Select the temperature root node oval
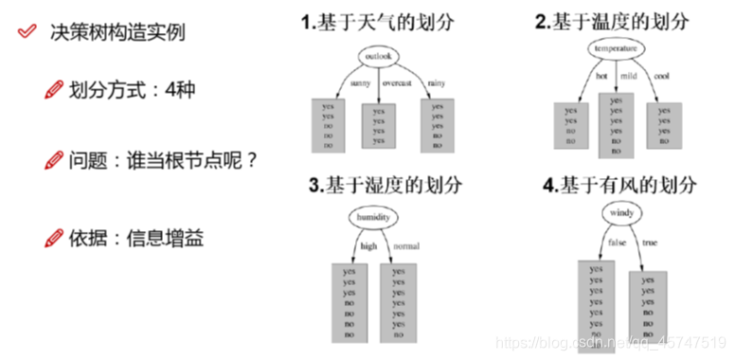616,47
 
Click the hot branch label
601,75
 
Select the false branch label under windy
616,243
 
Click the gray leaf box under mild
617,124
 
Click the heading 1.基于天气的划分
374,22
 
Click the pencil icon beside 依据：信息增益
52,238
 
